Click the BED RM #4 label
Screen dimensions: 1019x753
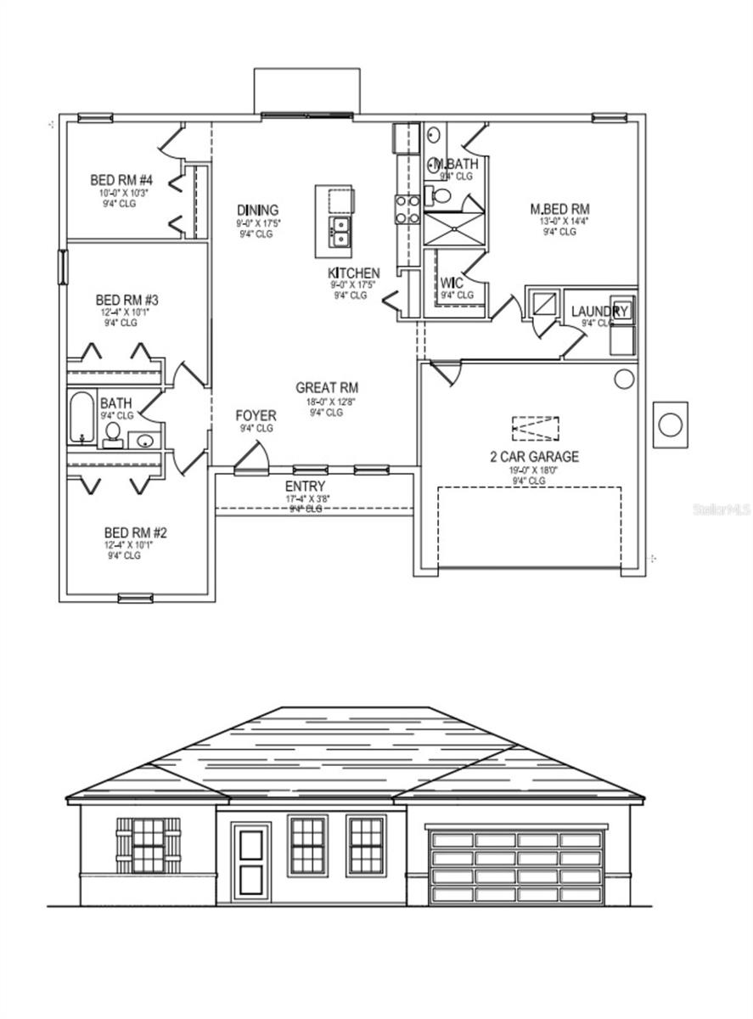pyautogui.click(x=121, y=181)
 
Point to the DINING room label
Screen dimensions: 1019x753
pyautogui.click(x=257, y=211)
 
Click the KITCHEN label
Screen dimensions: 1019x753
pyautogui.click(x=354, y=273)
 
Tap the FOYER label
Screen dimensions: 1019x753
pyautogui.click(x=256, y=415)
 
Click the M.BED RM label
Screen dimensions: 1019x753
pyautogui.click(x=559, y=209)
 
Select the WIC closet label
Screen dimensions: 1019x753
pyautogui.click(x=451, y=283)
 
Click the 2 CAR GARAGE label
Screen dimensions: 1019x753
pyautogui.click(x=535, y=457)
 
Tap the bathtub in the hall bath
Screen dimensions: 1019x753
pyautogui.click(x=81, y=418)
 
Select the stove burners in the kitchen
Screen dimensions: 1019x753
pyautogui.click(x=407, y=209)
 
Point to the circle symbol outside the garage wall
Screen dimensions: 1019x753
pyautogui.click(x=671, y=425)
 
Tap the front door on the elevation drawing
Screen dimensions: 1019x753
pyautogui.click(x=251, y=859)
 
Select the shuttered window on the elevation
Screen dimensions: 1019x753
pyautogui.click(x=149, y=846)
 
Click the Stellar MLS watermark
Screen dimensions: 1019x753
pyautogui.click(x=722, y=509)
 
